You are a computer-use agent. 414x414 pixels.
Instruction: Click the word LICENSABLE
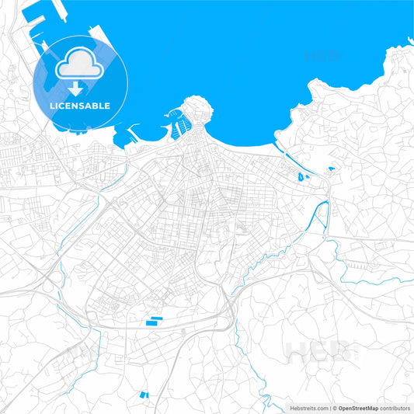pos(81,105)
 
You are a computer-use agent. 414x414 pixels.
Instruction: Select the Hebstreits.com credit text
pos(309,407)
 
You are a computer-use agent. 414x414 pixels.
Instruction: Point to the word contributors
pos(395,407)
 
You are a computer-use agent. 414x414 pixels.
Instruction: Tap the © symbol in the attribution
pos(332,407)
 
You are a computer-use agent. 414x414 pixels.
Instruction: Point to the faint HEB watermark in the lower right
pos(322,352)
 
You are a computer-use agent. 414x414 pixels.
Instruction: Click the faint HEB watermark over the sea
pos(322,56)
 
